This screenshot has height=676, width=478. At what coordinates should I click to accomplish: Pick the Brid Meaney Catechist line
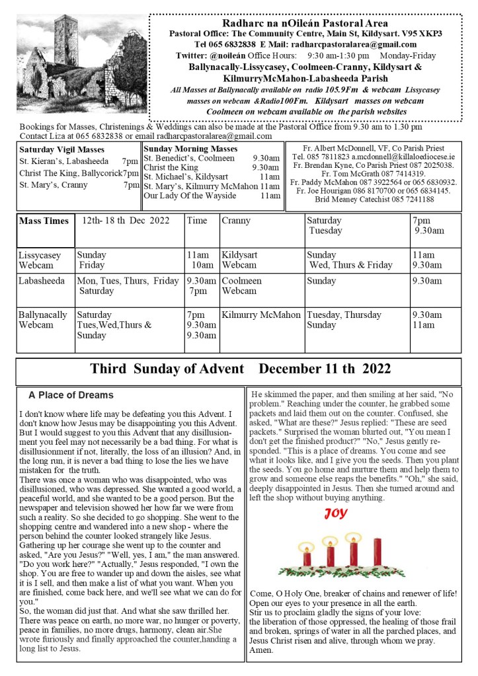(x=374, y=200)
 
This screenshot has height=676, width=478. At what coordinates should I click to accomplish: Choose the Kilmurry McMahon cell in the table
(x=260, y=315)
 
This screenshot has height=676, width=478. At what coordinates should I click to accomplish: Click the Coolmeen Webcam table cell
(x=242, y=285)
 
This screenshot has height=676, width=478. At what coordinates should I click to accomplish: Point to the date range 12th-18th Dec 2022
(x=126, y=221)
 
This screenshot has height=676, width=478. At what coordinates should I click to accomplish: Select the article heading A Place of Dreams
(x=71, y=395)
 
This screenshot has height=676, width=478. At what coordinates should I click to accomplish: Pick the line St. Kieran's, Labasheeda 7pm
(x=78, y=161)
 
